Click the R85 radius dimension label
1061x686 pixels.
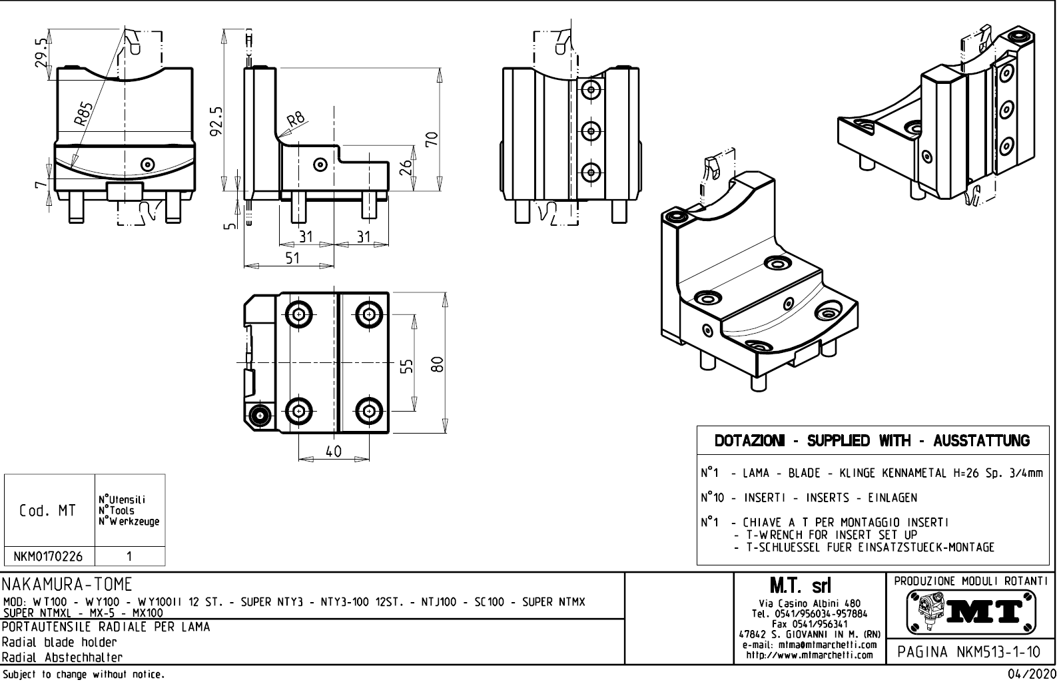point(83,115)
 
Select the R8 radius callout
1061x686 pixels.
point(296,119)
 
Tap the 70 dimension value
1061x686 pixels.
point(431,139)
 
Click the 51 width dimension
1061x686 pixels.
point(292,258)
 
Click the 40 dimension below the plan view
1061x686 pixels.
point(333,452)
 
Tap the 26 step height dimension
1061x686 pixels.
point(404,167)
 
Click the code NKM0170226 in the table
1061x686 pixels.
point(49,556)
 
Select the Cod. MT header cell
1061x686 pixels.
point(47,511)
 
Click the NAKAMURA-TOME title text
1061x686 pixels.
point(67,585)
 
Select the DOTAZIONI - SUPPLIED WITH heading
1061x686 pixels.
point(872,441)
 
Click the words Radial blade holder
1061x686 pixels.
point(59,643)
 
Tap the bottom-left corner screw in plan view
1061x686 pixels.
point(259,416)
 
